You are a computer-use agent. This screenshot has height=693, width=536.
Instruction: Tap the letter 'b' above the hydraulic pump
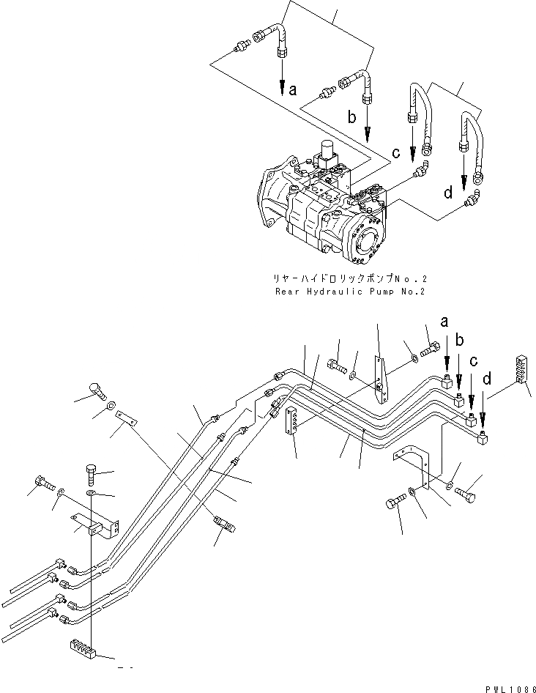[352, 116]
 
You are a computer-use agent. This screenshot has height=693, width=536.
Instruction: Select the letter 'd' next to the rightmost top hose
[447, 193]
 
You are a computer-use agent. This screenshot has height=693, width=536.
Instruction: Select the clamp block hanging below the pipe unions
[291, 420]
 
